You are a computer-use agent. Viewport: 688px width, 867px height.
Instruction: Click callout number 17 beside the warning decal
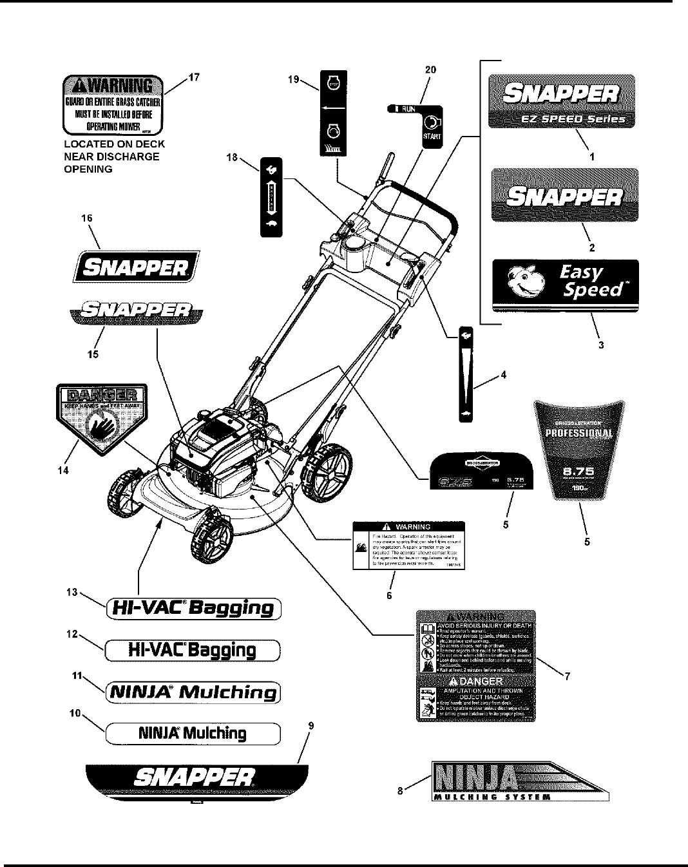(194, 77)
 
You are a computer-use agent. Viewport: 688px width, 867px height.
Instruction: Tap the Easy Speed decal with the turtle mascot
(565, 283)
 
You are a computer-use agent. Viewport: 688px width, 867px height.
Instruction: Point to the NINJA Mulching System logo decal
(519, 780)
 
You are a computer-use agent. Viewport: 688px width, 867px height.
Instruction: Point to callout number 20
(430, 70)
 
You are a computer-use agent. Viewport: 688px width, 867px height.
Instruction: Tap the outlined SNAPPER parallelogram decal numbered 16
(136, 267)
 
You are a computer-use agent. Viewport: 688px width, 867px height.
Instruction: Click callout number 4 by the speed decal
(503, 376)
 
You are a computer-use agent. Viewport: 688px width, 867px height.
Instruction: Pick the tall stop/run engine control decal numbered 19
(333, 113)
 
